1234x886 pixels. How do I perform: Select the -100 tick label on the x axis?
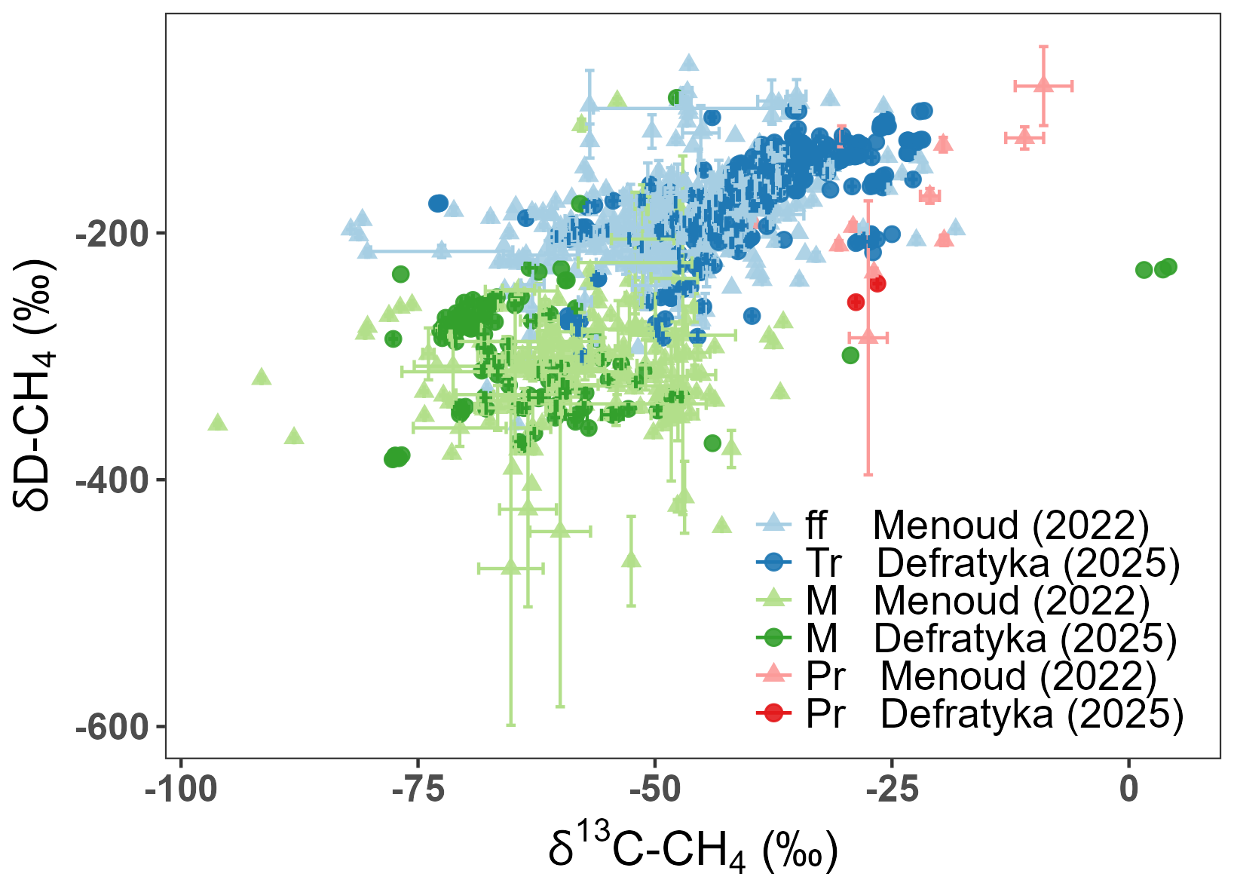click(x=181, y=789)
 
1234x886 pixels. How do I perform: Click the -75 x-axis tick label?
click(x=418, y=789)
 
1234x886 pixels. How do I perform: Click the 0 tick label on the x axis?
click(x=1128, y=789)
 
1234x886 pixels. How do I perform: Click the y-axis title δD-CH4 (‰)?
click(x=35, y=385)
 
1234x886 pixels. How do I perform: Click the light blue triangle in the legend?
click(x=773, y=522)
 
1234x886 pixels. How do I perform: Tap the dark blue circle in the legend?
click(x=773, y=562)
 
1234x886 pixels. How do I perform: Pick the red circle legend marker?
click(x=773, y=713)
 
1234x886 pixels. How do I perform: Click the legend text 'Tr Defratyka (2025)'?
click(x=992, y=563)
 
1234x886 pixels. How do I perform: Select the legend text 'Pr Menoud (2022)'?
click(x=981, y=676)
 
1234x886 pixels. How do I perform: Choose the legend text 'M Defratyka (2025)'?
click(x=991, y=638)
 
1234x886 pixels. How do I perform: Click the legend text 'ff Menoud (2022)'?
click(x=977, y=525)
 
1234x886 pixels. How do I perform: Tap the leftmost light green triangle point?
click(x=218, y=422)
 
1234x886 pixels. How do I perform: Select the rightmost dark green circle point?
click(x=1168, y=267)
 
